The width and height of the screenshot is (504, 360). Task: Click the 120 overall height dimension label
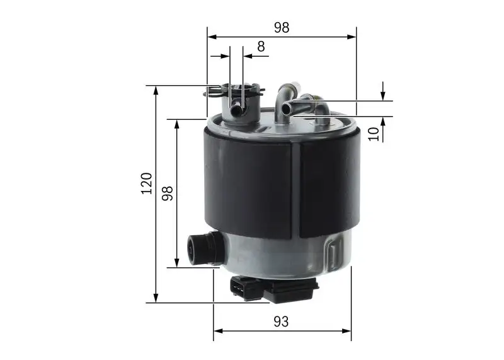(x=147, y=182)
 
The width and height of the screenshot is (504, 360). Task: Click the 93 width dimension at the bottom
(x=281, y=322)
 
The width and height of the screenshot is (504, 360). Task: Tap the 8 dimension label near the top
(x=261, y=46)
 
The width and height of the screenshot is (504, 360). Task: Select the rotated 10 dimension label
(x=374, y=133)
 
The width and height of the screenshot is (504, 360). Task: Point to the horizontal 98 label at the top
(x=281, y=27)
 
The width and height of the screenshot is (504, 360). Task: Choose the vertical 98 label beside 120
(x=168, y=192)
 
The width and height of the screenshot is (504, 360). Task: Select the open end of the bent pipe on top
(x=286, y=108)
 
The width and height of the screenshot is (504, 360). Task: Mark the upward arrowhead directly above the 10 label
(x=382, y=120)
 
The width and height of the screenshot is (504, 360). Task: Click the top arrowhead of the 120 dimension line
(x=156, y=90)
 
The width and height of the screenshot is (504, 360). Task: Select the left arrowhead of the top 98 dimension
(x=212, y=37)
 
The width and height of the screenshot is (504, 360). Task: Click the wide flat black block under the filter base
(x=289, y=290)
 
